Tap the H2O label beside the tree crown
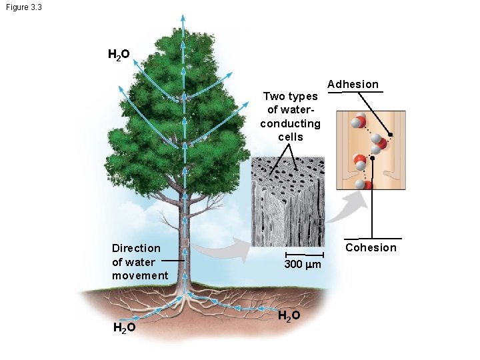pyautogui.click(x=119, y=55)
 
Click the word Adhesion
pyautogui.click(x=353, y=84)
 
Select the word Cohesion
pyautogui.click(x=371, y=247)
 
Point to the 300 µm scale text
pyautogui.click(x=303, y=265)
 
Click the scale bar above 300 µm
pyautogui.click(x=303, y=254)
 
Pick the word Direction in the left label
pyautogui.click(x=136, y=248)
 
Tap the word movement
pyautogui.click(x=140, y=275)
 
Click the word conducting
pyautogui.click(x=290, y=123)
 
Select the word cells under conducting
pyautogui.click(x=290, y=137)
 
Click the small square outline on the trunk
pyautogui.click(x=185, y=243)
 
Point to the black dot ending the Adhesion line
pyautogui.click(x=391, y=135)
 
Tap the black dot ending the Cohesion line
pyautogui.click(x=372, y=159)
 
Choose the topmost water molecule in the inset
pyautogui.click(x=359, y=121)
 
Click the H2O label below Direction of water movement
pyautogui.click(x=125, y=328)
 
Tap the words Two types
pyautogui.click(x=290, y=96)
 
